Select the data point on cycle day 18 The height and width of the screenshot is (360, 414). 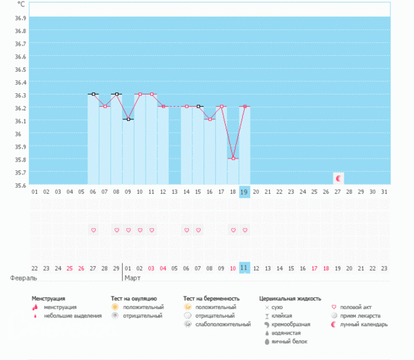click(233, 159)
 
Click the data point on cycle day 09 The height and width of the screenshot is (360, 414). click(128, 119)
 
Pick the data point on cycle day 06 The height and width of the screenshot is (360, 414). click(93, 94)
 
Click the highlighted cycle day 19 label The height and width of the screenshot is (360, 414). click(244, 192)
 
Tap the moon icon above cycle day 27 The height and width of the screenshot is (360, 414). click(338, 178)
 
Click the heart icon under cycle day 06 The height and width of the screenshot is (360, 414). click(93, 230)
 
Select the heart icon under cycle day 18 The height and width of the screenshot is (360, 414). click(233, 230)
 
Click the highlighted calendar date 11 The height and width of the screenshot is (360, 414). click(244, 268)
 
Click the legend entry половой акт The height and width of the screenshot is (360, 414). click(360, 307)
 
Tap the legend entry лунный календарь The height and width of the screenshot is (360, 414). click(366, 324)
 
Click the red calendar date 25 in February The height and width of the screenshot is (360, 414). click(70, 268)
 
